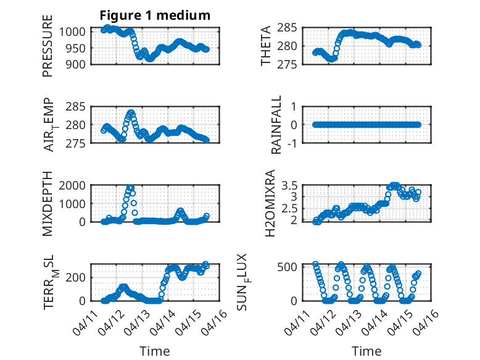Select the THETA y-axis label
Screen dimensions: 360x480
point(266,46)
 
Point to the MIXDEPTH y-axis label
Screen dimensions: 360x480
point(48,204)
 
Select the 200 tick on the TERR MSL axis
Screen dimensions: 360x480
point(78,277)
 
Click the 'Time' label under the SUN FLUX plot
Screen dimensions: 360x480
point(366,351)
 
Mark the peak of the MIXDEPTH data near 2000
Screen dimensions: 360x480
point(130,186)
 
